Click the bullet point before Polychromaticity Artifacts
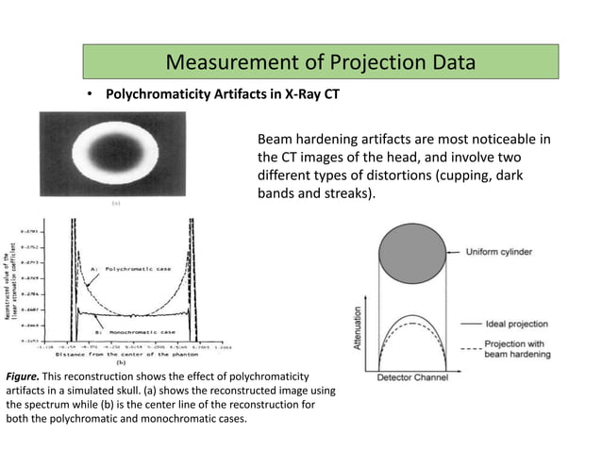click(x=92, y=95)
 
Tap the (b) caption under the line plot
click(x=120, y=362)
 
